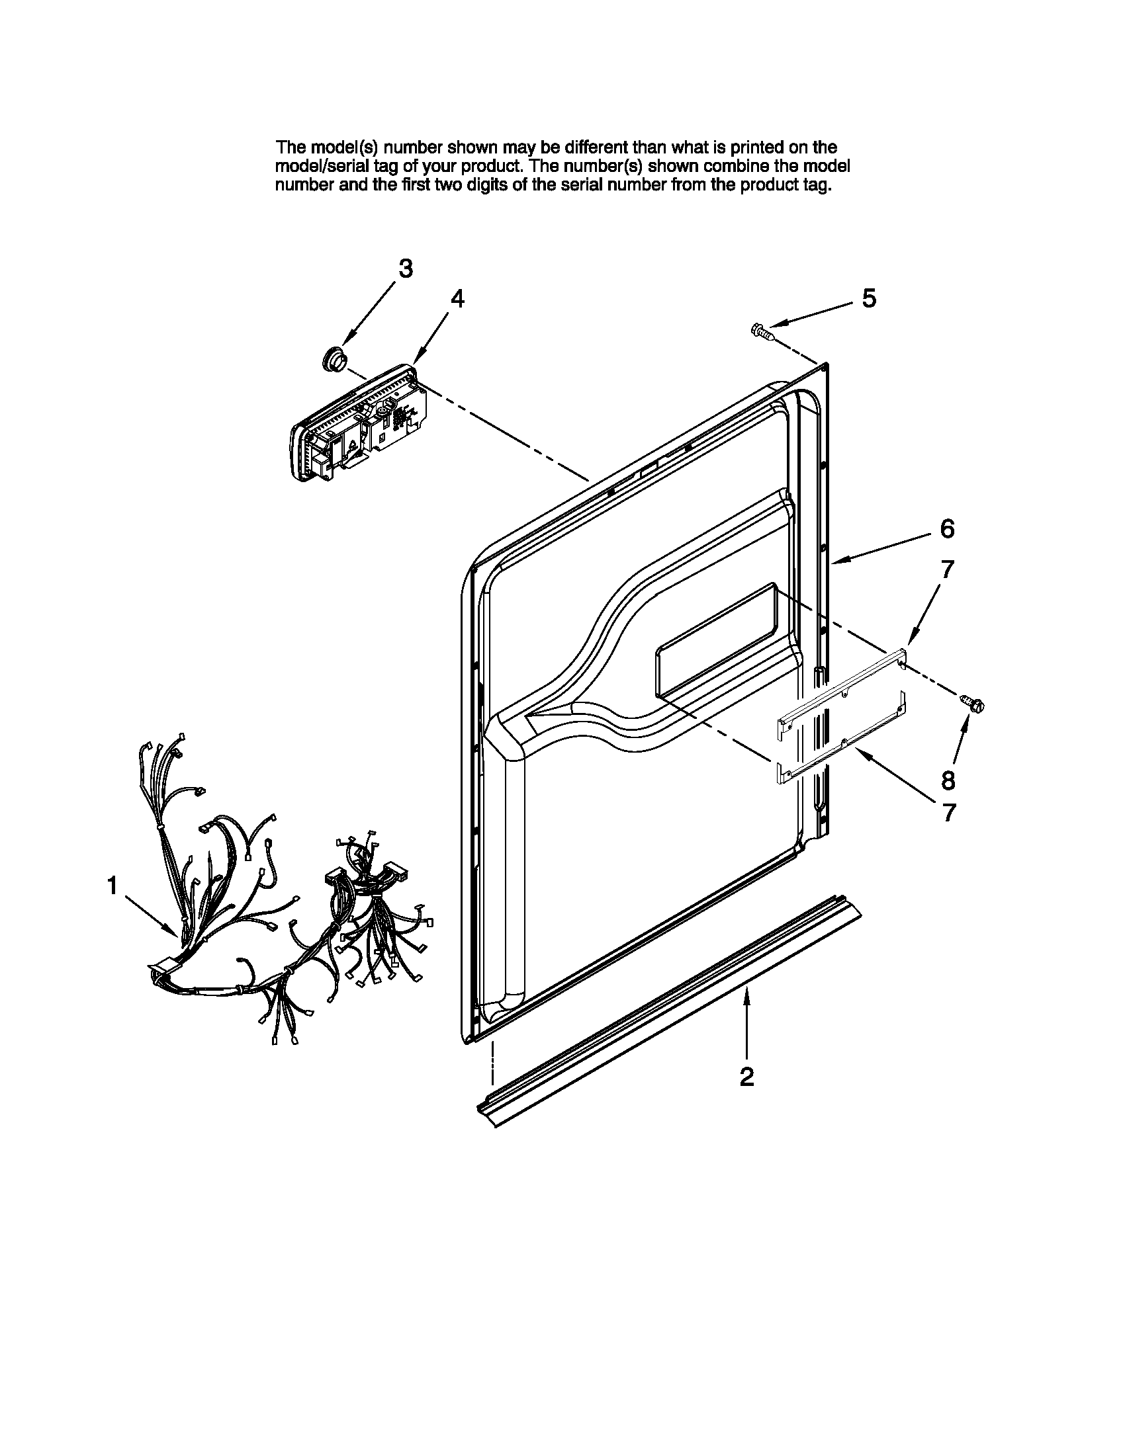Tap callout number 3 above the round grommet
(x=405, y=269)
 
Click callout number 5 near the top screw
(x=868, y=298)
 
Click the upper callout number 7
(x=947, y=569)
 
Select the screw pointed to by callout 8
(x=973, y=702)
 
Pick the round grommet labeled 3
(x=333, y=359)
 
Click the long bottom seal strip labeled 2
(x=666, y=1013)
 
